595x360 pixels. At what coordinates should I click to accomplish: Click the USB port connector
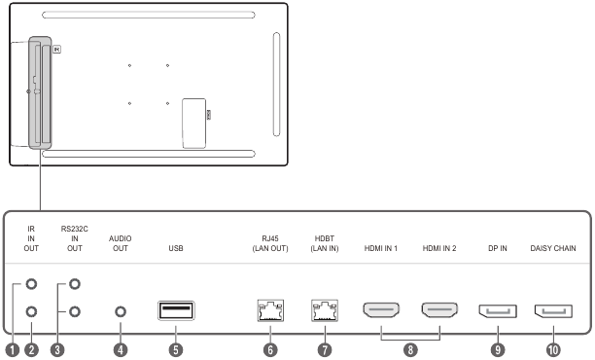(x=176, y=310)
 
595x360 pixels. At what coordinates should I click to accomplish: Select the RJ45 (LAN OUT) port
(x=270, y=310)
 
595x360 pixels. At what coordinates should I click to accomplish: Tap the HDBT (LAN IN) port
(x=325, y=310)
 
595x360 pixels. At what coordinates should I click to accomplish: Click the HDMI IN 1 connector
(x=381, y=309)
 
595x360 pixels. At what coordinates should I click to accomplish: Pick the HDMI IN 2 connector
(x=439, y=309)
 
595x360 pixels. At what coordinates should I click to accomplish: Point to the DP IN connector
(x=498, y=311)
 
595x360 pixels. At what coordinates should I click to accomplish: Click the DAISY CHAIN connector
(x=553, y=311)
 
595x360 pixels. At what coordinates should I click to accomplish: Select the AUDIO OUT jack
(x=121, y=311)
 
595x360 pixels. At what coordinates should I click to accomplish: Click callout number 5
(x=176, y=349)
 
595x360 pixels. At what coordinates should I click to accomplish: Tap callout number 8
(x=410, y=349)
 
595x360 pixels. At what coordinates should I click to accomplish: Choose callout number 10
(x=553, y=349)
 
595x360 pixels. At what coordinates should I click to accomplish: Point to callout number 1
(x=12, y=349)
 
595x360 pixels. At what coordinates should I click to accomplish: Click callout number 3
(x=57, y=349)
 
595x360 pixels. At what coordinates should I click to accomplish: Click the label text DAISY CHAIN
(x=553, y=248)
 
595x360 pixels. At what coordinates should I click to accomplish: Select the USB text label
(x=176, y=248)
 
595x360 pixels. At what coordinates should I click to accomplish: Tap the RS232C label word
(x=74, y=229)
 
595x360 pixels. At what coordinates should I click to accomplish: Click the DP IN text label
(x=498, y=248)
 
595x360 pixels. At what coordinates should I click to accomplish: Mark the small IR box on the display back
(x=56, y=50)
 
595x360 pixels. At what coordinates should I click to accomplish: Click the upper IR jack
(x=31, y=284)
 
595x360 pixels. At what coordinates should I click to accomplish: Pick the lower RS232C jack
(x=75, y=311)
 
